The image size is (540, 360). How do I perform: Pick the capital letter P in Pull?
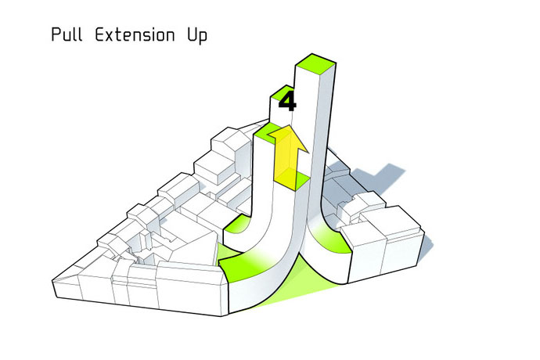(x=55, y=36)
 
